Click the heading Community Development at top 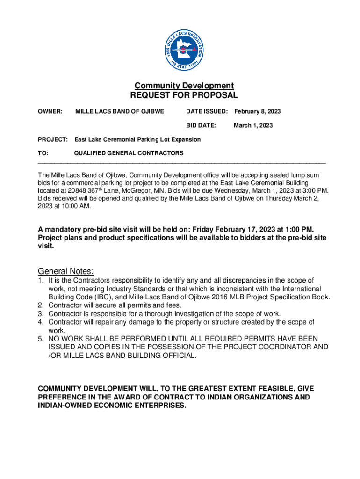tap(184, 86)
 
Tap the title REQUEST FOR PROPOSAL tap(184, 95)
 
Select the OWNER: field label tap(50, 111)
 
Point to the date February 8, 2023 tap(257, 111)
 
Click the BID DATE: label tap(201, 125)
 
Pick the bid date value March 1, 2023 tap(253, 125)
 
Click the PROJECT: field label tap(53, 139)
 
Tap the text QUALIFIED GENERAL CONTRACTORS tap(129, 153)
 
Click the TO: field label tap(43, 153)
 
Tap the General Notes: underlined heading tap(66, 271)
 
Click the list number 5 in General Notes tap(41, 338)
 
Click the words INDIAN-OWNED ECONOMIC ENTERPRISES tap(112, 406)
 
